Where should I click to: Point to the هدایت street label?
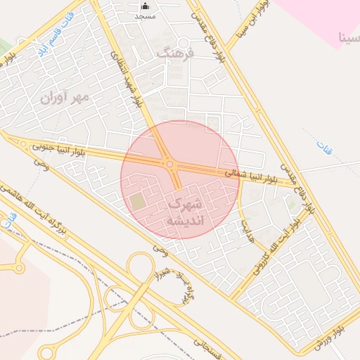(246, 226)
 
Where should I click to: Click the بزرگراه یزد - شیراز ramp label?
(177, 284)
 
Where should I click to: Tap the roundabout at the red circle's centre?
(169, 165)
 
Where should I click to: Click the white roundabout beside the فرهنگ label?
(182, 42)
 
